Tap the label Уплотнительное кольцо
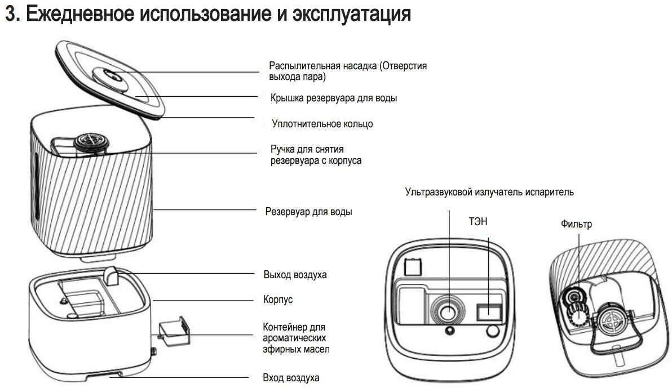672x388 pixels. tap(322, 123)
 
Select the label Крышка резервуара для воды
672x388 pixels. tap(334, 98)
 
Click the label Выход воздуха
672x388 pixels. tap(295, 275)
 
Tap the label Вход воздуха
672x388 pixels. tap(291, 377)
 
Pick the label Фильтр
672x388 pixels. tap(576, 224)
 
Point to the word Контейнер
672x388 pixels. tap(285, 327)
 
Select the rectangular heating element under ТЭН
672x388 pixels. tap(487, 310)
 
